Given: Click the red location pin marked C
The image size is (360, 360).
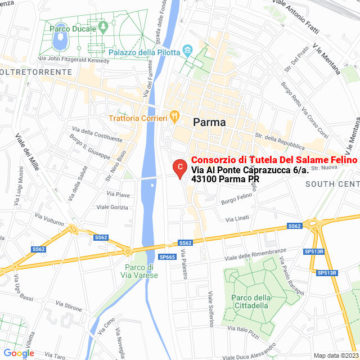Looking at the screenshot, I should (x=179, y=167).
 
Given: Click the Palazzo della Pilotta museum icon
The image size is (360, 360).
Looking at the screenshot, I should (x=188, y=52).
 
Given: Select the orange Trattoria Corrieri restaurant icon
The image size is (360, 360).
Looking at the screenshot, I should (x=175, y=117).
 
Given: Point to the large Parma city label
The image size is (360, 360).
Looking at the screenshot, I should (x=209, y=122).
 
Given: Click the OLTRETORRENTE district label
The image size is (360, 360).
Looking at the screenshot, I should (x=36, y=72).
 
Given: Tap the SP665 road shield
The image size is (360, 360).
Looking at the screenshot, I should (x=168, y=256).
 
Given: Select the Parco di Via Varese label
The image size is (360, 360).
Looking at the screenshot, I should (x=139, y=271).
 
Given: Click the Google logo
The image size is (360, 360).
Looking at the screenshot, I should (x=19, y=353).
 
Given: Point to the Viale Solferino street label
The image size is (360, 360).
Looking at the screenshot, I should (x=211, y=309).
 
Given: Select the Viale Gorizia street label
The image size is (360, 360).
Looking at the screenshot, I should (x=112, y=207).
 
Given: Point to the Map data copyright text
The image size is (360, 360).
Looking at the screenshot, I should (x=336, y=355).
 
